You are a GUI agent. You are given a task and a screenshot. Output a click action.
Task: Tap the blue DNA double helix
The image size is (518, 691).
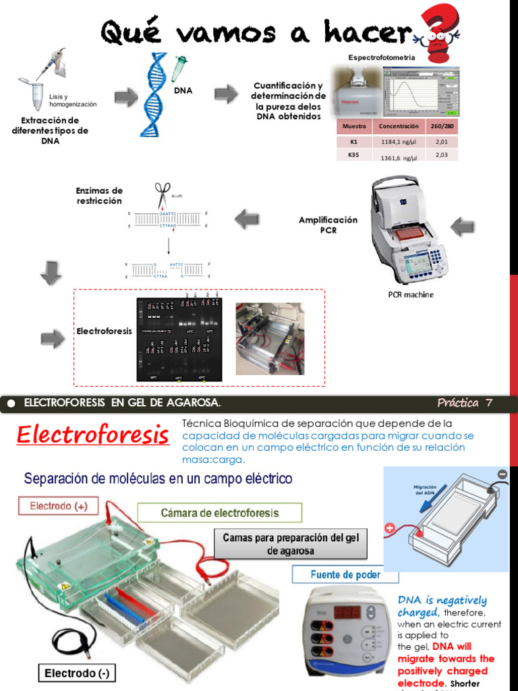tap(154, 94)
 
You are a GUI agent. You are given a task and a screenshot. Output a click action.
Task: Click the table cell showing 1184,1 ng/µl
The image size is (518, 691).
tap(399, 142)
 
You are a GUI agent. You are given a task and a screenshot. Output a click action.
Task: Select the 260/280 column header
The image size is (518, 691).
tap(442, 126)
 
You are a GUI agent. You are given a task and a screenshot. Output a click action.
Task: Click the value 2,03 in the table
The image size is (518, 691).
tap(442, 155)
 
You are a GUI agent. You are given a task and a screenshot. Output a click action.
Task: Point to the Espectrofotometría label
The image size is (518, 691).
tap(381, 58)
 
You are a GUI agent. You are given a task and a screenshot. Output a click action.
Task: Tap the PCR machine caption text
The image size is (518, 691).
tap(411, 294)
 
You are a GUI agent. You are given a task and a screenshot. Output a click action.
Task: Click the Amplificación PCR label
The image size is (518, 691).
tap(328, 225)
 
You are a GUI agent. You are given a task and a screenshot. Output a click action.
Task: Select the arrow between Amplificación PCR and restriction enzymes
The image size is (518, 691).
tap(246, 219)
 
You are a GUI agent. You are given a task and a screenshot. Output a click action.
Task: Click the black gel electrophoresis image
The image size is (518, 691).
tap(179, 337)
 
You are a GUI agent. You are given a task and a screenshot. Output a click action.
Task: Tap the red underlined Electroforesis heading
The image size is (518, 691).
tap(93, 435)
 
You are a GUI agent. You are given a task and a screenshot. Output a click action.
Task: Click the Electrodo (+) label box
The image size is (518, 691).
tap(58, 505)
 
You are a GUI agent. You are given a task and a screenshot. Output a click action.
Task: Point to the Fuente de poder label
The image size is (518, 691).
tap(345, 575)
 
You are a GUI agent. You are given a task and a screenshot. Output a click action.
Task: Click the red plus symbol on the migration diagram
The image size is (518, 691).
tap(390, 528)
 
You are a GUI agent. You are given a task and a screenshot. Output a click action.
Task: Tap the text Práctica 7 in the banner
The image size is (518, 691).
tap(465, 404)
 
